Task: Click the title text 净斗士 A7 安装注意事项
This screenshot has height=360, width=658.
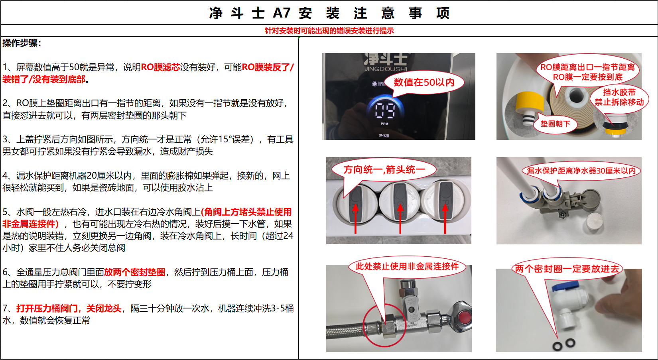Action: pyautogui.click(x=329, y=13)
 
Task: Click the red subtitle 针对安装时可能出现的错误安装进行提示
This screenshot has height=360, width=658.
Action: pyautogui.click(x=329, y=31)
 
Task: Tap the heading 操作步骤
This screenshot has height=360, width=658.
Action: pyautogui.click(x=22, y=43)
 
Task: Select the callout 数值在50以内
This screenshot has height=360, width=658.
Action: pyautogui.click(x=424, y=83)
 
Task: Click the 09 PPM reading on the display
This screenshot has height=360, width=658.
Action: pyautogui.click(x=384, y=110)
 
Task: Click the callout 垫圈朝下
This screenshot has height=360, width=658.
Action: pyautogui.click(x=555, y=124)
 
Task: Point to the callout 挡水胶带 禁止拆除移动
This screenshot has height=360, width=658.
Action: pyautogui.click(x=619, y=97)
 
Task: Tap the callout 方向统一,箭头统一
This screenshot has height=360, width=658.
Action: pyautogui.click(x=384, y=170)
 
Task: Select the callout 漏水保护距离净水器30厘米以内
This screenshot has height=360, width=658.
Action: pyautogui.click(x=581, y=171)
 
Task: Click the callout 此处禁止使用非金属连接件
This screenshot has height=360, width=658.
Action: pyautogui.click(x=407, y=266)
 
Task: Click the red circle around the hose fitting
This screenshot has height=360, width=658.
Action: pyautogui.click(x=384, y=326)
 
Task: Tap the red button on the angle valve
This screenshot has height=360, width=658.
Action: pyautogui.click(x=464, y=318)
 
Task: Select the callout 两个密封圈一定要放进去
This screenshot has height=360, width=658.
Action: pyautogui.click(x=567, y=269)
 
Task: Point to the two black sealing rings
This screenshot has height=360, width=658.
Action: pyautogui.click(x=564, y=343)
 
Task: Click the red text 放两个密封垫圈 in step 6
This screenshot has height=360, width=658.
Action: pyautogui.click(x=135, y=272)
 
